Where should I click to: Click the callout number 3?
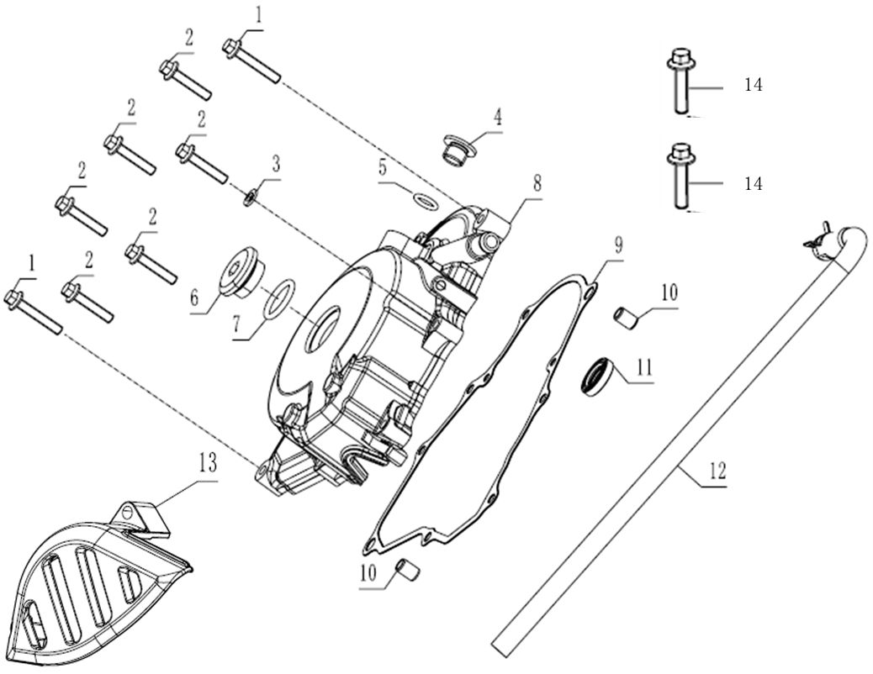[x=276, y=162]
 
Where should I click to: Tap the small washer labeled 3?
[x=250, y=198]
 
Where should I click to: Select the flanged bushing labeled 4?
[x=456, y=151]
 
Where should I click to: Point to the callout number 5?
[x=383, y=167]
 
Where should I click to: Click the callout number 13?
[x=207, y=462]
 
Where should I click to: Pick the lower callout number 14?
[x=753, y=183]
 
